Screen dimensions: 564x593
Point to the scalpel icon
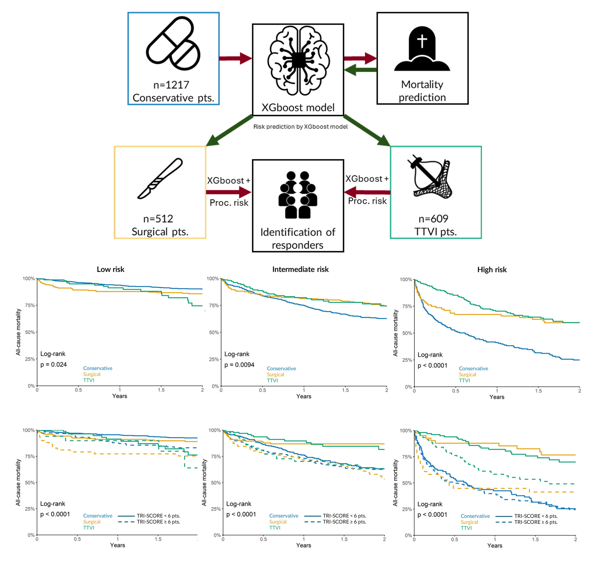[x=160, y=178]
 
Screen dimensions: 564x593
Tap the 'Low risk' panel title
[x=110, y=269]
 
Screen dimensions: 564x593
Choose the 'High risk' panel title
[x=492, y=270]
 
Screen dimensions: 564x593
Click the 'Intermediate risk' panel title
[x=300, y=269]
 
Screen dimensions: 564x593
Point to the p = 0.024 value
[x=53, y=364]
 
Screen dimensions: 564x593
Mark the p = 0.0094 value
[x=239, y=365]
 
